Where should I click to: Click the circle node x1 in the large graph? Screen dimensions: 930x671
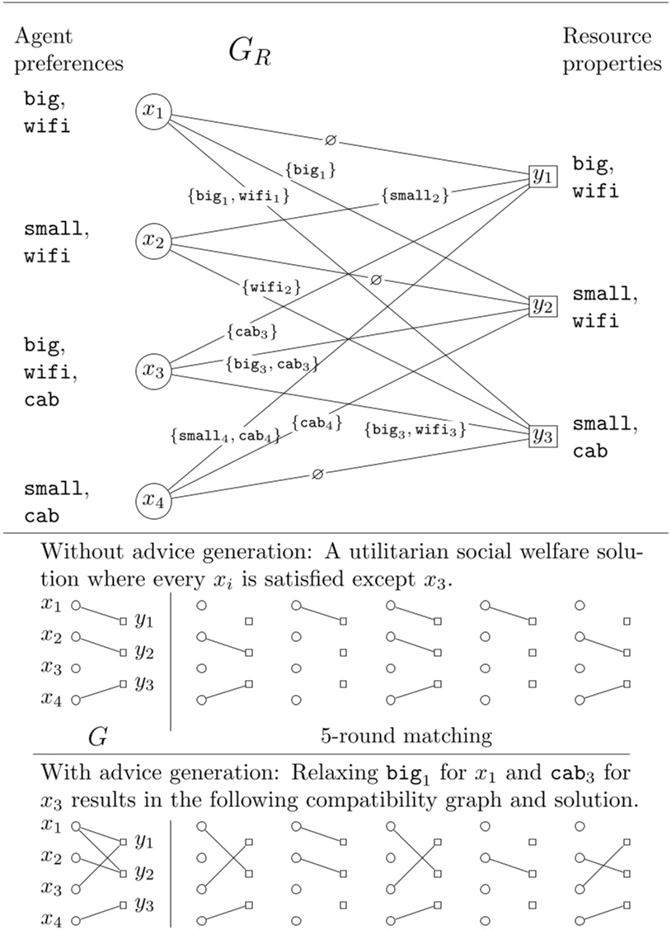[x=153, y=113]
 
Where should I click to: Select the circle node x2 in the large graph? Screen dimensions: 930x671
[x=153, y=242]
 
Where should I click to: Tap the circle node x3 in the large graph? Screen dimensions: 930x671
[x=153, y=371]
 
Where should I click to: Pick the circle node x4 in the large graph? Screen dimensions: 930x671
[x=153, y=500]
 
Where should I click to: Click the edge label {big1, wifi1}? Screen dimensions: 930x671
[x=238, y=197]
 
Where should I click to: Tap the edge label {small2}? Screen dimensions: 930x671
[x=415, y=196]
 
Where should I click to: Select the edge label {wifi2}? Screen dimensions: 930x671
[x=271, y=287]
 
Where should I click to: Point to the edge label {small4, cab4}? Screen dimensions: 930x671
[x=225, y=435]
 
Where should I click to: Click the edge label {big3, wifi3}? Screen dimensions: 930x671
[x=415, y=429]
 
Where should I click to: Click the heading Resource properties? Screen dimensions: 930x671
[x=612, y=50]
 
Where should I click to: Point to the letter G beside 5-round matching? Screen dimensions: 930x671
[x=97, y=736]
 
